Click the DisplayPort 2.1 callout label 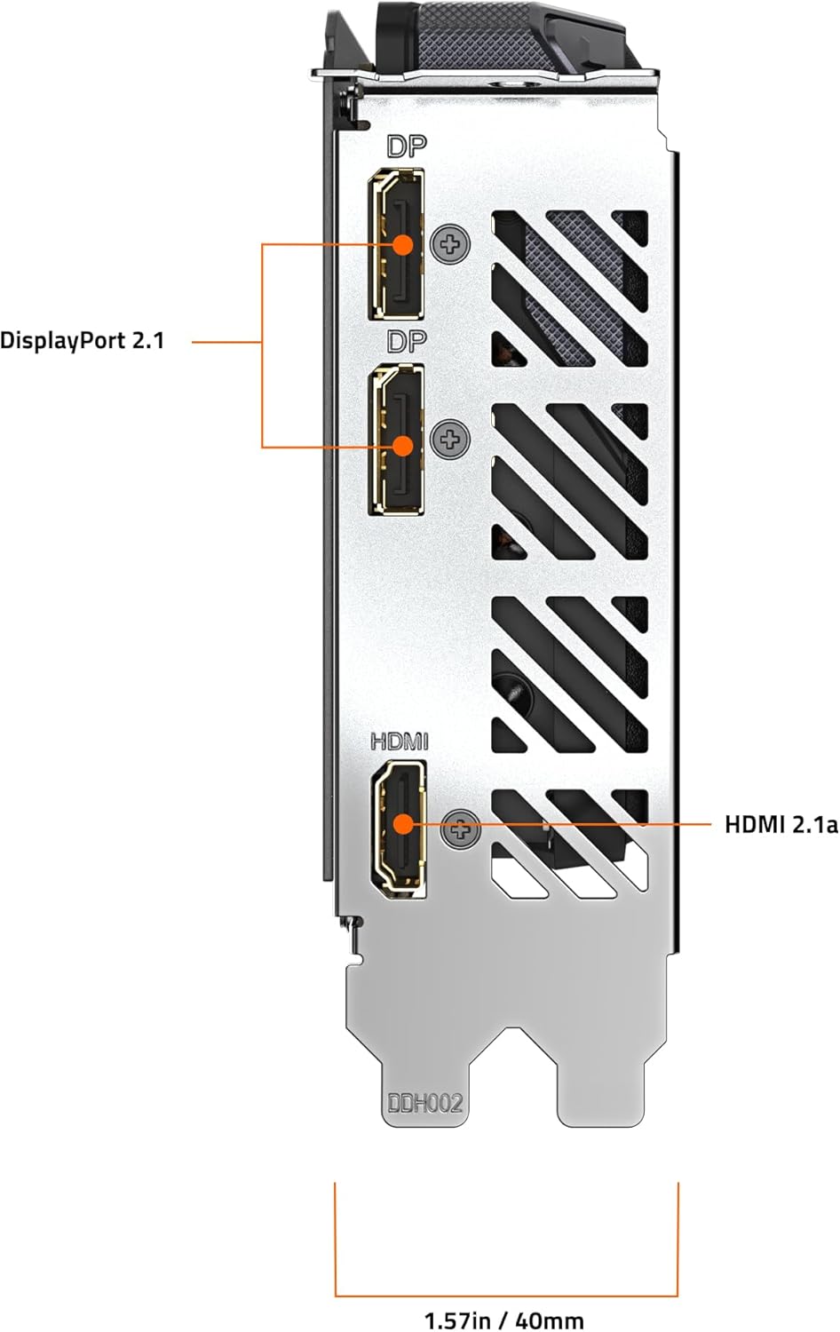click(x=83, y=341)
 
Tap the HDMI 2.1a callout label click(x=781, y=825)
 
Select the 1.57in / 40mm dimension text click(x=504, y=1320)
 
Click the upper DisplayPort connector click(x=397, y=244)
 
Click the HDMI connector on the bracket click(x=400, y=825)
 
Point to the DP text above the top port click(x=407, y=147)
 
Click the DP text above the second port click(x=407, y=342)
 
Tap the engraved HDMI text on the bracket click(x=400, y=741)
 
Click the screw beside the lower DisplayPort click(x=451, y=439)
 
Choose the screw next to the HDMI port click(x=461, y=829)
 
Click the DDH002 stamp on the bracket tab click(x=425, y=1104)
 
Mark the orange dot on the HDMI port click(x=403, y=824)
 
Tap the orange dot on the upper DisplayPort click(x=404, y=244)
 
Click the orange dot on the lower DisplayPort click(x=404, y=446)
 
